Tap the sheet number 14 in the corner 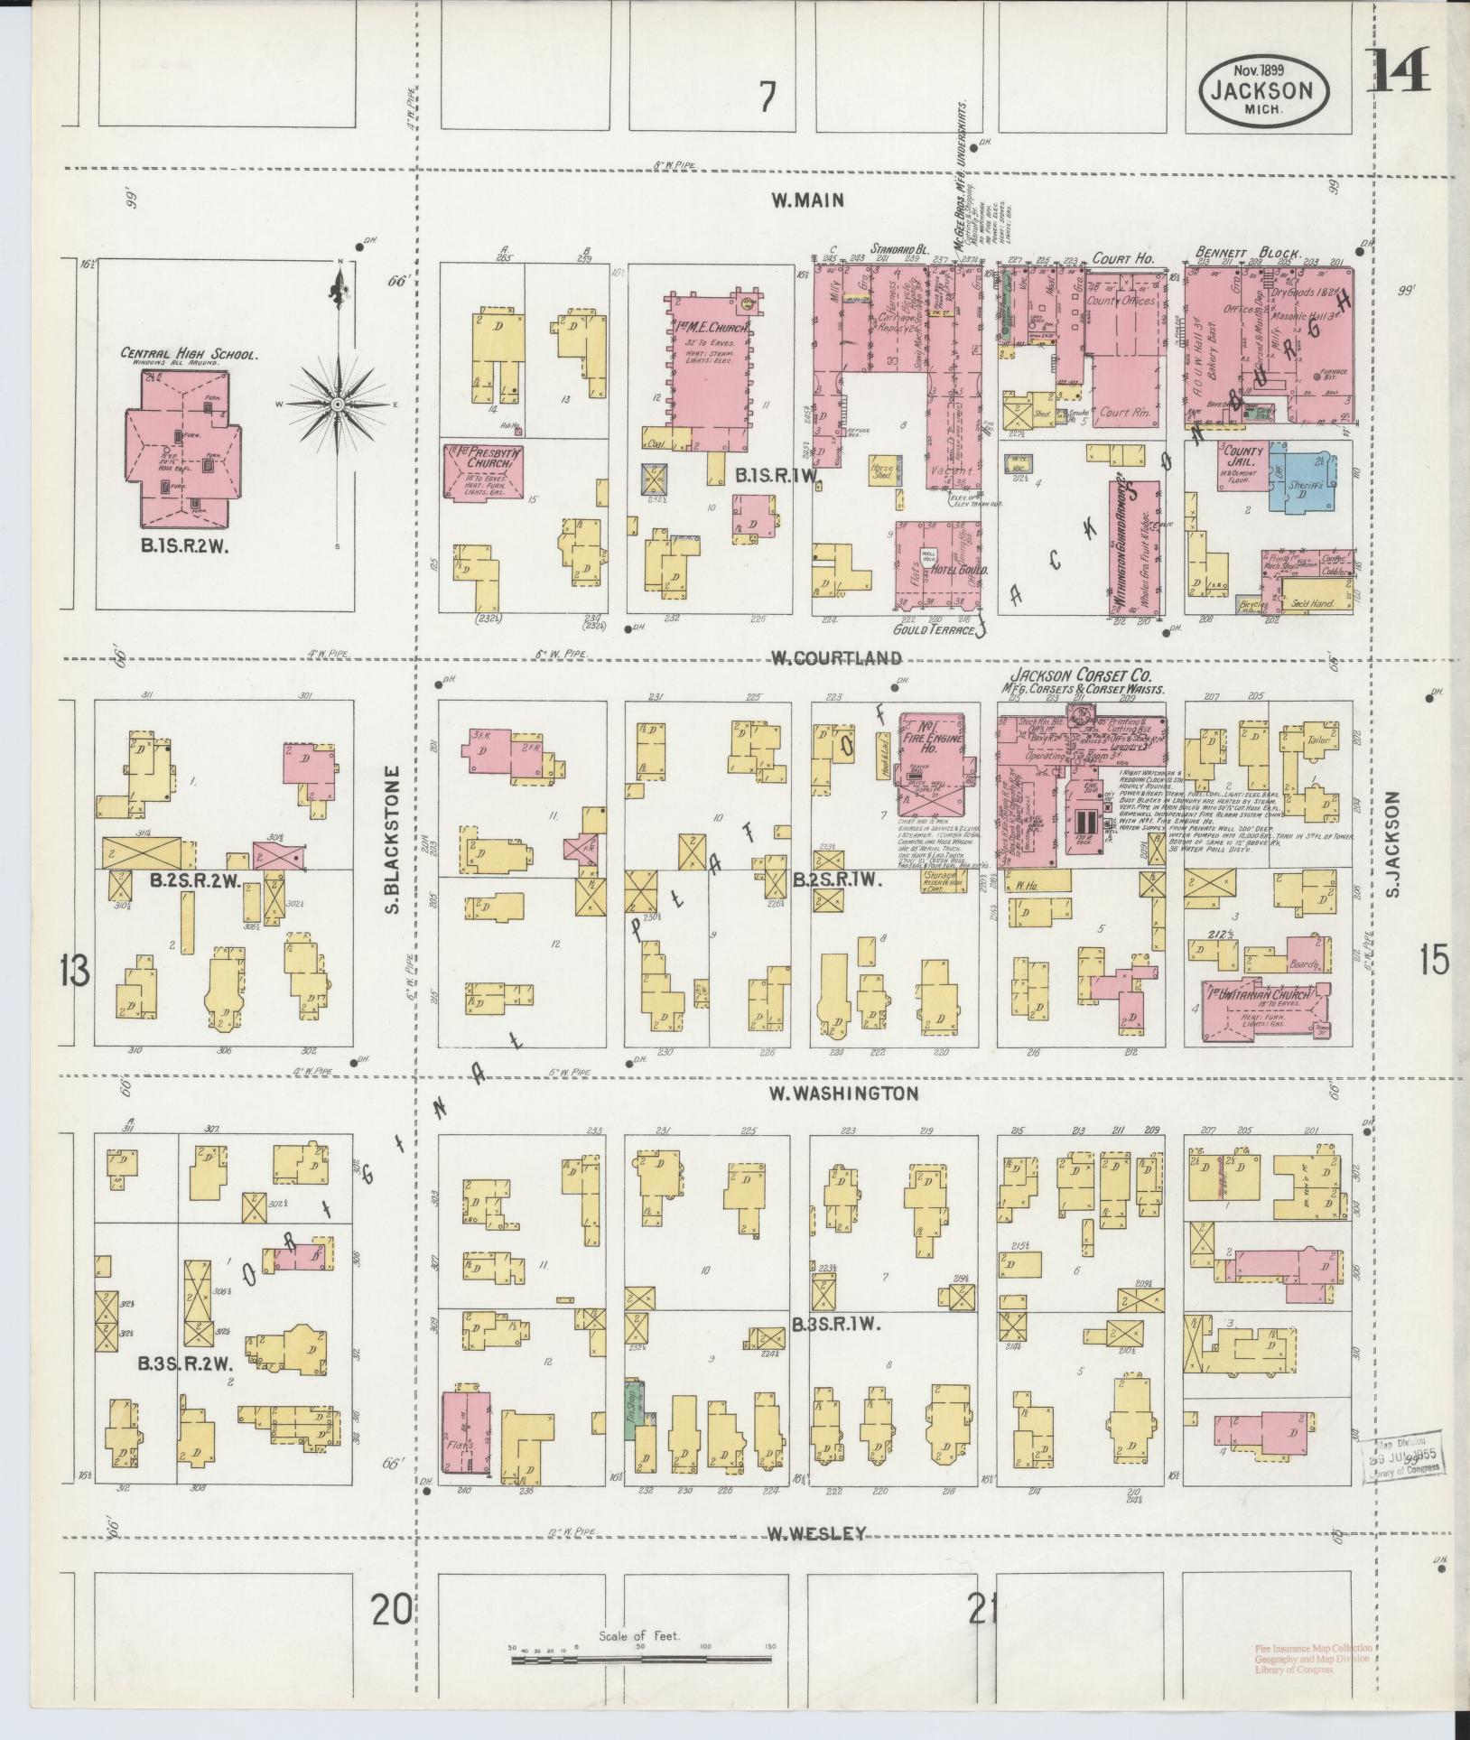pos(1399,71)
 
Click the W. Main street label pos(807,200)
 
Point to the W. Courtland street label pos(835,657)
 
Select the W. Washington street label pos(843,1093)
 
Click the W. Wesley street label pos(816,1533)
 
